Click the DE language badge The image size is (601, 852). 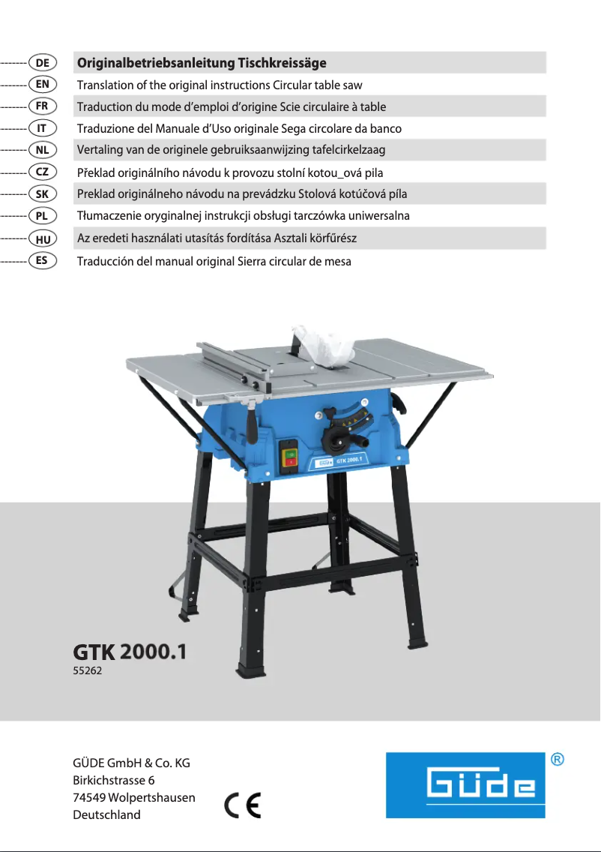tap(43, 62)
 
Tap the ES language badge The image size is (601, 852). tap(43, 261)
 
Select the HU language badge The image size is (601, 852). tap(43, 239)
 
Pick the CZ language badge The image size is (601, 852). tap(43, 172)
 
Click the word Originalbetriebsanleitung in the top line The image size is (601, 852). tap(155, 63)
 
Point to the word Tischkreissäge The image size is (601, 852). tap(282, 63)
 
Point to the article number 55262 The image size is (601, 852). tap(87, 671)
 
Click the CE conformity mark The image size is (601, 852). tap(243, 805)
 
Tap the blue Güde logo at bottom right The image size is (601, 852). tap(465, 785)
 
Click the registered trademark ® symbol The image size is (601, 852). tap(558, 760)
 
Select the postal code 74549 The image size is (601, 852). tap(88, 797)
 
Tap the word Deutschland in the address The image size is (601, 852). tap(106, 814)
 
